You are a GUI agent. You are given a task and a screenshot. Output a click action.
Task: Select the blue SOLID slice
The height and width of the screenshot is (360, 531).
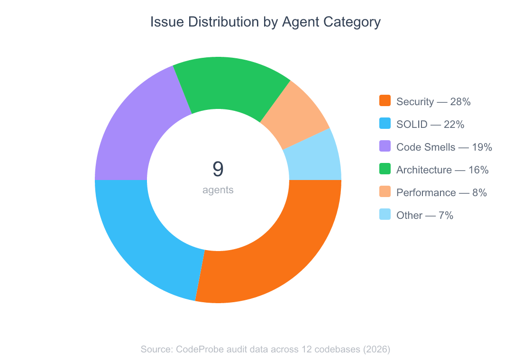point(142,237)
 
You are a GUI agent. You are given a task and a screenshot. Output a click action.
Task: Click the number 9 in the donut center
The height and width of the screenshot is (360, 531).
point(218,169)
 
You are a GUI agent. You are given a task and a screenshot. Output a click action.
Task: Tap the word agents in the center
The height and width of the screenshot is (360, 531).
point(218,190)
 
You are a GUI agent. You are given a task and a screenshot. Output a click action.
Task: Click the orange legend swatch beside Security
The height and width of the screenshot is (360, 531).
point(385,101)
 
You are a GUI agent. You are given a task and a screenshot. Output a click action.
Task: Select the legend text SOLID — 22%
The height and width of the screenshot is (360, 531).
point(430,124)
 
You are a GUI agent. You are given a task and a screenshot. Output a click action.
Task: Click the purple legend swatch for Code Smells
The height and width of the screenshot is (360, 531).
point(385,146)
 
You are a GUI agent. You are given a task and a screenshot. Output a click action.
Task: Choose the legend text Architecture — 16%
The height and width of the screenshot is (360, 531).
point(442,170)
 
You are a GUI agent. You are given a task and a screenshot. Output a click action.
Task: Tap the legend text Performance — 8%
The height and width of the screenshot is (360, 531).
point(441,192)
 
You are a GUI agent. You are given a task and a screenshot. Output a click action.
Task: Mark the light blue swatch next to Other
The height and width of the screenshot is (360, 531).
point(385,215)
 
